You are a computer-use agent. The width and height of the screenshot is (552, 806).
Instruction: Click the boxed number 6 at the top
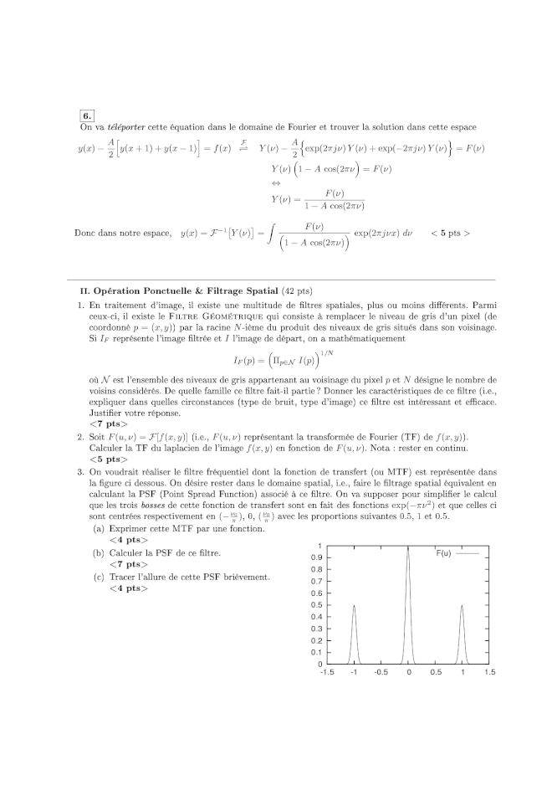pos(87,115)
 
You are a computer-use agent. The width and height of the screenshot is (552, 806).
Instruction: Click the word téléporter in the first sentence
pos(126,127)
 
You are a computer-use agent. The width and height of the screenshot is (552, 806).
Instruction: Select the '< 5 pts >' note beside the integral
pos(450,233)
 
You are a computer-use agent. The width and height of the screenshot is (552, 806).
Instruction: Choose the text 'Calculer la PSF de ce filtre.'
pos(165,552)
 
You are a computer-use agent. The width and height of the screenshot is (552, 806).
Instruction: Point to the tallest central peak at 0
pos(408,547)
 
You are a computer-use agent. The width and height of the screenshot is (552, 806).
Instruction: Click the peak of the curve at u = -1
pos(355,605)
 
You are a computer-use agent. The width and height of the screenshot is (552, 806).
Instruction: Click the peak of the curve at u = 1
pos(462,605)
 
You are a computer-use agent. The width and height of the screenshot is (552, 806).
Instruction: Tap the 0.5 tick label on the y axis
pos(316,604)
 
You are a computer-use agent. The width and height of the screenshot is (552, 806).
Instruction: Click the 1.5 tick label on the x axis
pos(489,672)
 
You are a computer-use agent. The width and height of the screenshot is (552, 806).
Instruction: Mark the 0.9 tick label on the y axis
pos(316,557)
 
